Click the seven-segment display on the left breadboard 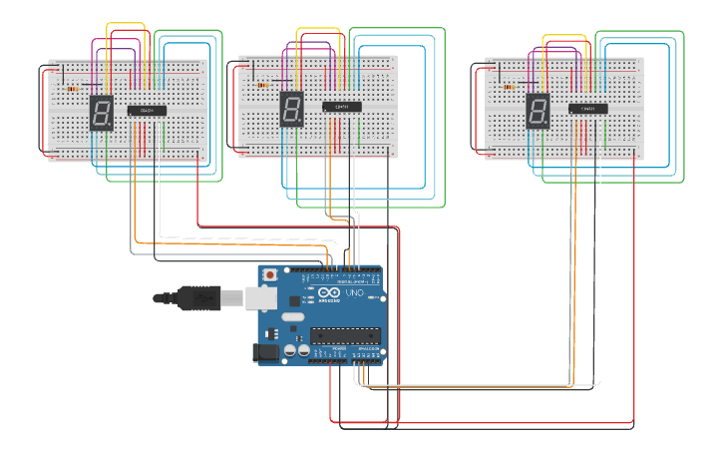pyautogui.click(x=101, y=113)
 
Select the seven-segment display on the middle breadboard pyautogui.click(x=291, y=108)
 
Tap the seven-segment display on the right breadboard pyautogui.click(x=538, y=111)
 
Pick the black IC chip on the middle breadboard pyautogui.click(x=341, y=107)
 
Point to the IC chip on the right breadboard pyautogui.click(x=587, y=108)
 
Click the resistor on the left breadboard pyautogui.click(x=72, y=89)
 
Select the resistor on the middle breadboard pyautogui.click(x=262, y=85)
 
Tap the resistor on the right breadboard pyautogui.click(x=509, y=87)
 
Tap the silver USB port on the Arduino pyautogui.click(x=261, y=296)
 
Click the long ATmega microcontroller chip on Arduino pyautogui.click(x=346, y=333)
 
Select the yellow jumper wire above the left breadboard pyautogui.click(x=127, y=24)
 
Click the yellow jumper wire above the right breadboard pyautogui.click(x=564, y=37)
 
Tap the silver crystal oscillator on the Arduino pyautogui.click(x=291, y=316)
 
